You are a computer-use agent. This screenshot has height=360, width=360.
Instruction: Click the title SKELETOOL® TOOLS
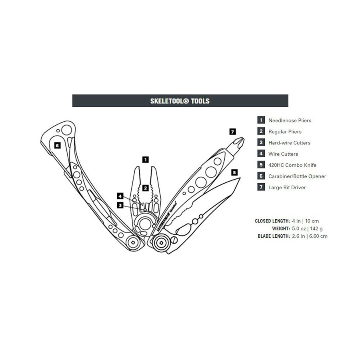point(180,101)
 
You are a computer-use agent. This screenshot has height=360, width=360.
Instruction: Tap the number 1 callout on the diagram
point(146,159)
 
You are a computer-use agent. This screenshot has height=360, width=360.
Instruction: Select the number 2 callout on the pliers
point(146,187)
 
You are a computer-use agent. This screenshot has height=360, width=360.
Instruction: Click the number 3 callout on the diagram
point(120,205)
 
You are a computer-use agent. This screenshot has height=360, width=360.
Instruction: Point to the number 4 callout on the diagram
point(120,196)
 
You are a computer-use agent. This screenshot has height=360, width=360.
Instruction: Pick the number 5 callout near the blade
point(234,172)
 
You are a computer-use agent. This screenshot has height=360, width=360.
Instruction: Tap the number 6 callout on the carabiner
point(57,146)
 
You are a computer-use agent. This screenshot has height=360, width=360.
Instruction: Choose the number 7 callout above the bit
point(233,131)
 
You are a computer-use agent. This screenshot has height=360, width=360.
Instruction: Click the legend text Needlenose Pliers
point(290,120)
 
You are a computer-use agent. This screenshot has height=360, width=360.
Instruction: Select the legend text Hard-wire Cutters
point(289,143)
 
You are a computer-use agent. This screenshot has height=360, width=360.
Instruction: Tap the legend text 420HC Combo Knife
point(292,165)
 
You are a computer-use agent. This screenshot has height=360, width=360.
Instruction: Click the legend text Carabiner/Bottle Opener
point(297,176)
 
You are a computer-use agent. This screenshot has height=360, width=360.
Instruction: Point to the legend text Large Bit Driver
point(287,188)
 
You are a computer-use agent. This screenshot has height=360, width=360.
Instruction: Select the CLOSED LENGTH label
point(272,221)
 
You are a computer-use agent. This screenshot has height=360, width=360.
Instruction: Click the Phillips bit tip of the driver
point(240,141)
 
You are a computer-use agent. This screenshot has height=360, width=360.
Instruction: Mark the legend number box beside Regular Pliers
point(261,132)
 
